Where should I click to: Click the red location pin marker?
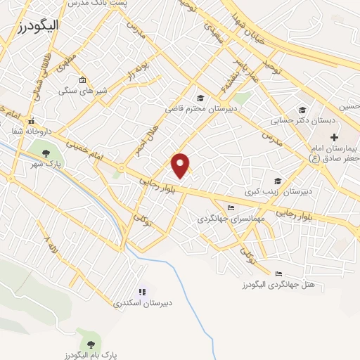tap(181, 165)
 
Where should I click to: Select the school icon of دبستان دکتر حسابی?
tap(302, 110)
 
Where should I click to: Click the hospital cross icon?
tap(334, 136)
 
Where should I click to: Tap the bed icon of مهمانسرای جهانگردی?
tap(231, 207)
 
